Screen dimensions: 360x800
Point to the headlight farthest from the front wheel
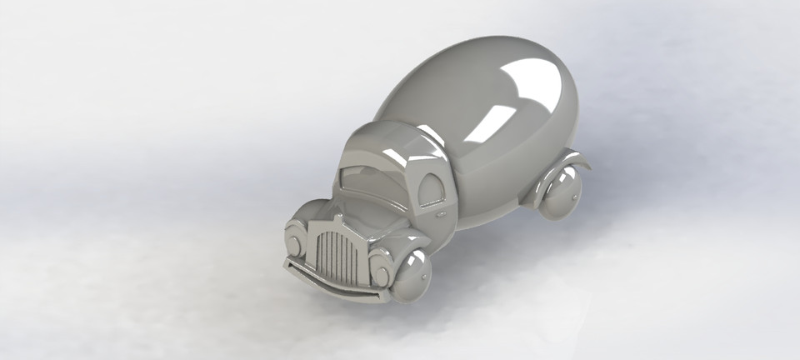coord(294,242)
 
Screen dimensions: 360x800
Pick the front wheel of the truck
coord(412,276)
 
